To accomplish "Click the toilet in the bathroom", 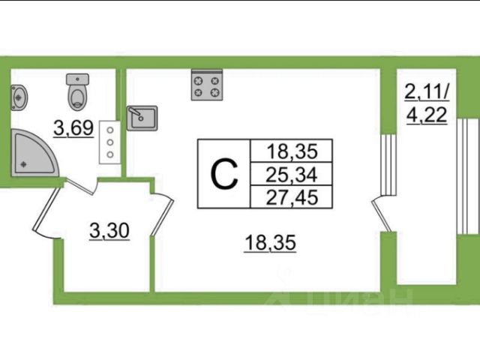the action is point(78,91).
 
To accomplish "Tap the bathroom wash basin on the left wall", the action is point(19,97).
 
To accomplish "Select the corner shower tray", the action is point(34,153).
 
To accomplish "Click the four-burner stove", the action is point(207,85).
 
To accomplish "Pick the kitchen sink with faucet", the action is point(142,118).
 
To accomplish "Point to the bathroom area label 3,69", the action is point(73,128).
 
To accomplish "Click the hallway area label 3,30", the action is point(109,230).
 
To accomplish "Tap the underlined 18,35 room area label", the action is point(270,243).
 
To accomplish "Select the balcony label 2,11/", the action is point(427,91).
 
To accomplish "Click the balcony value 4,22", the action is point(427,115).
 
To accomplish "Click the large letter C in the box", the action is point(224,175).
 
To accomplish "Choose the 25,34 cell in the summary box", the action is point(291,175).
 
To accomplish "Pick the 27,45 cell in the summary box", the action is point(292,197).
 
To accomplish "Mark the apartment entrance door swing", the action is point(46,214).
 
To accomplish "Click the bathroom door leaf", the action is point(80,186).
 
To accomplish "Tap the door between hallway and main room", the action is point(163,214).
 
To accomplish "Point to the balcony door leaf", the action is point(382,214).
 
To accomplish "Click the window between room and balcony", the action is point(388,164).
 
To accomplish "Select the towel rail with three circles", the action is point(109,142).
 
